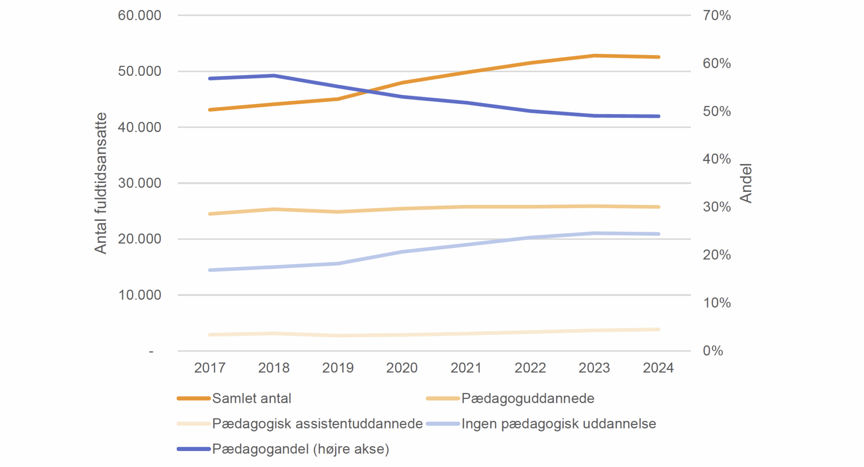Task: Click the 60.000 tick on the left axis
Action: pos(139,16)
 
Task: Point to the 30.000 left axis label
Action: pos(139,183)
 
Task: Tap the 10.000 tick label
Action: pos(139,295)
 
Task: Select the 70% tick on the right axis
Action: pos(716,16)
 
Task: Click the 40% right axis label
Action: pos(716,159)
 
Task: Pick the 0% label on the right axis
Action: pos(713,351)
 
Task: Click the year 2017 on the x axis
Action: pos(210,368)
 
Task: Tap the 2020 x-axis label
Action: pos(402,368)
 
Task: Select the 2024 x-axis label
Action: pos(658,368)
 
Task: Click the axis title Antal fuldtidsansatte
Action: pos(100,183)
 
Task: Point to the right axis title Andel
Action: pos(746,183)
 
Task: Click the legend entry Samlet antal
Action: pos(251,399)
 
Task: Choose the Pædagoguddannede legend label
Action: pos(527,399)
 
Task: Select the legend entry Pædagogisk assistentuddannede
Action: pos(317,424)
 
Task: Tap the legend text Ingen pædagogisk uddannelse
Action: pos(559,424)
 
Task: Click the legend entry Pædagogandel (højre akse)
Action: pos(300,449)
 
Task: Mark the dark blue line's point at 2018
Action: pos(274,76)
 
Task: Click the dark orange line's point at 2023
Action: pos(594,56)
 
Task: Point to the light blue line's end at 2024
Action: pos(658,234)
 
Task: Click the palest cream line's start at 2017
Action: pos(210,335)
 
